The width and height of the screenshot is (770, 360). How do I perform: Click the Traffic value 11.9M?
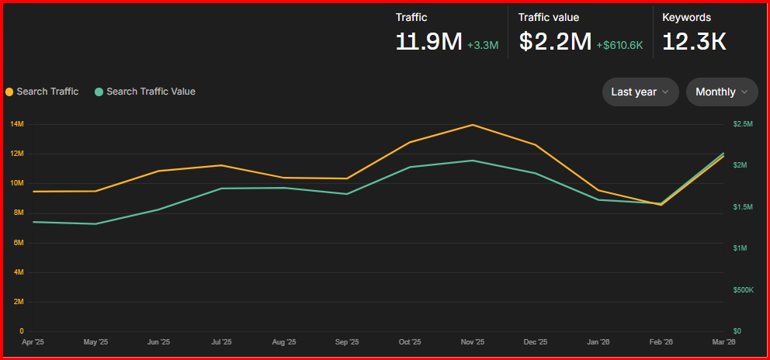[428, 41]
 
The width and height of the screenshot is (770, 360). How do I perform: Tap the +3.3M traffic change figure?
[483, 45]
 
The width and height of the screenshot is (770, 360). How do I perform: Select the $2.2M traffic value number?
[555, 41]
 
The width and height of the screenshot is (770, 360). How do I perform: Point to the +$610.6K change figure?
[619, 45]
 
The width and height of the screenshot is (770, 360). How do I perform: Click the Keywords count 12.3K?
[694, 41]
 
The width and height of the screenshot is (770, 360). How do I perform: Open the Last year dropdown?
[640, 92]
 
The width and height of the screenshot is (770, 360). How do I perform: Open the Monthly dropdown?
[722, 92]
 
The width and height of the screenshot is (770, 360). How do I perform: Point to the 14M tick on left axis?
[17, 124]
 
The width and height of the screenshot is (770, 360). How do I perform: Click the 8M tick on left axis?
[17, 213]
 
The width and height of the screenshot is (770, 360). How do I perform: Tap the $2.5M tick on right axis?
[743, 124]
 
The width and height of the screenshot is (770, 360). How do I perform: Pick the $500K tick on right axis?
[743, 290]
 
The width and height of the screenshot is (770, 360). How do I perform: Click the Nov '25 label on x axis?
[473, 341]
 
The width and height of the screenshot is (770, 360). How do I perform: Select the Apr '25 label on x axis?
[33, 341]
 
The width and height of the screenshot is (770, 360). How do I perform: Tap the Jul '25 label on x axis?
[221, 341]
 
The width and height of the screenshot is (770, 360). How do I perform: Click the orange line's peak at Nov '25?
[473, 125]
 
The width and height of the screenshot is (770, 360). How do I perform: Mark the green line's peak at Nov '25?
[473, 161]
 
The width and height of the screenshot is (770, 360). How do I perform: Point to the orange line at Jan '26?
[598, 190]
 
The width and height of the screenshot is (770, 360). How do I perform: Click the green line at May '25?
[95, 224]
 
